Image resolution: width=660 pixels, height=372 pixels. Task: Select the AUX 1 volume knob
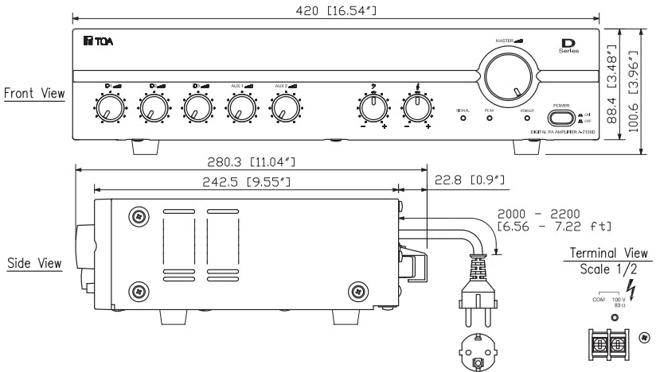pyautogui.click(x=238, y=107)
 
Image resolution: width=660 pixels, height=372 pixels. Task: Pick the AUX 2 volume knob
pyautogui.click(x=282, y=107)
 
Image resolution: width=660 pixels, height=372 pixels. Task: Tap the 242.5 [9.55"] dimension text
pyautogui.click(x=238, y=181)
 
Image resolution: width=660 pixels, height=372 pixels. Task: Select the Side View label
pyautogui.click(x=33, y=262)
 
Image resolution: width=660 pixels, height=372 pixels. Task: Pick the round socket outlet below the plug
pyautogui.click(x=477, y=352)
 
